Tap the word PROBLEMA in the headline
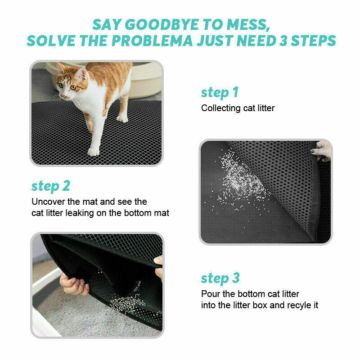point(152,40)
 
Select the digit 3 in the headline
point(283,40)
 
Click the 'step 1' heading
point(220,93)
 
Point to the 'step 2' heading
point(50,186)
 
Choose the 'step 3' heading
point(220,278)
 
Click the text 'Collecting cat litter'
point(238,108)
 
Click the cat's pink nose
point(63,96)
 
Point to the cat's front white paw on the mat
point(94,152)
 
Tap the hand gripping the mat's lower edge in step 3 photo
point(73,285)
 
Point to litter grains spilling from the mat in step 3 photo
point(127,302)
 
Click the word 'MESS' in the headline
point(247,25)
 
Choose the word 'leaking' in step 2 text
point(80,213)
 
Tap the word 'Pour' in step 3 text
point(211,294)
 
